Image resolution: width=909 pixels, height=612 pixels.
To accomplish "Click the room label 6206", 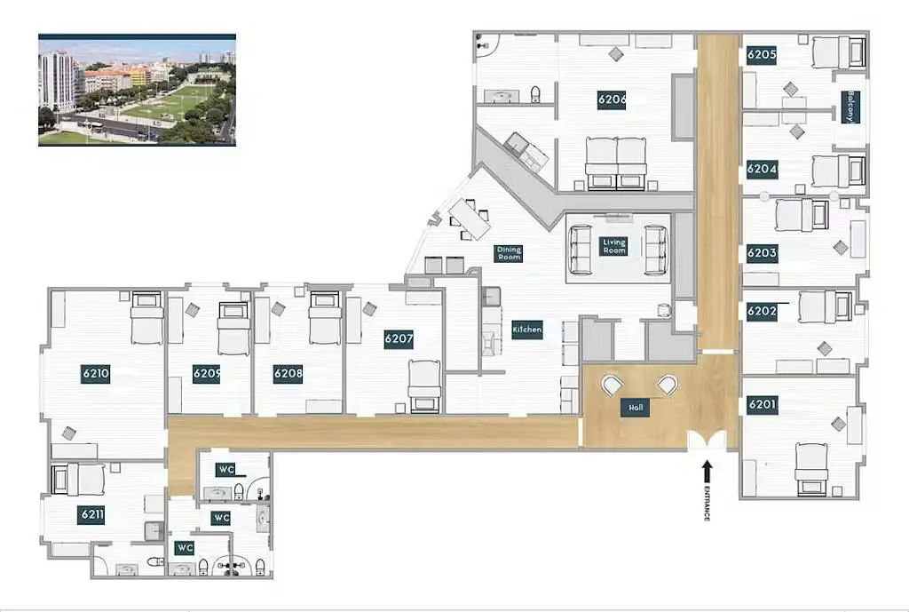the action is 612,99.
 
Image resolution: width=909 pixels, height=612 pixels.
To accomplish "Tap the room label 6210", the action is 96,374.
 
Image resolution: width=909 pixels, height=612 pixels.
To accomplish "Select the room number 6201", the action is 763,404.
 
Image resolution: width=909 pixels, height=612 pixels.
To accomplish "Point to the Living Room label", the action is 614,246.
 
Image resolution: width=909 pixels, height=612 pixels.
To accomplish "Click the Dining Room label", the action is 509,253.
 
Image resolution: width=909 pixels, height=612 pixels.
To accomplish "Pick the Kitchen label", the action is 527,329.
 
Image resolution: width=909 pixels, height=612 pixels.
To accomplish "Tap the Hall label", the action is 636,408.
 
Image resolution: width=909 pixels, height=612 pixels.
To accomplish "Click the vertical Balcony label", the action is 850,107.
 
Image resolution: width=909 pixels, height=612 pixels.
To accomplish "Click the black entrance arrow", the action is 706,471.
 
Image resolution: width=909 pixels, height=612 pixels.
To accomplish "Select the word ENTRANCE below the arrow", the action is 707,503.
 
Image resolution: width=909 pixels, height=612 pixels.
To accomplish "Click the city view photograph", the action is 137,90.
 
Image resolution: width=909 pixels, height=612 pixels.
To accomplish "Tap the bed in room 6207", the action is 424,386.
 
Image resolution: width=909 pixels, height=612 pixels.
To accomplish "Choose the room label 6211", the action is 92,514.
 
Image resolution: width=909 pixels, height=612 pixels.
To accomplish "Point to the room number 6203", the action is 763,253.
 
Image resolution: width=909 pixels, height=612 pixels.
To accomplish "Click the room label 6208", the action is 289,374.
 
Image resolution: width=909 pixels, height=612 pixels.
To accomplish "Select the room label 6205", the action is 762,55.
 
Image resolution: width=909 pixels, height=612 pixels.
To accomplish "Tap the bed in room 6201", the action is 811,470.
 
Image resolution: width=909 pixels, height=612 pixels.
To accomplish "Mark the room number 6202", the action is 762,311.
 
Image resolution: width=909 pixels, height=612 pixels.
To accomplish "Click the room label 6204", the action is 762,170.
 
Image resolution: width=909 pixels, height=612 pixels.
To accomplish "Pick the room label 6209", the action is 206,374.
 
